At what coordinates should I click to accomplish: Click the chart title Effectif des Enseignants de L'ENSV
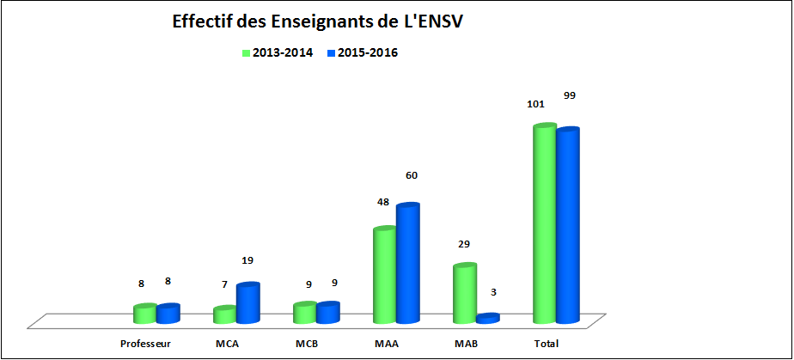[317, 21]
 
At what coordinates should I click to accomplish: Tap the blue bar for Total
[567, 227]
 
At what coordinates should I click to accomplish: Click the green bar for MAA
[384, 276]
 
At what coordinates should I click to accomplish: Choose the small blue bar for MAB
[487, 318]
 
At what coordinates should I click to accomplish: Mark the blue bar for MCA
[247, 303]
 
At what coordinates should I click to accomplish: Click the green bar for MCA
[224, 314]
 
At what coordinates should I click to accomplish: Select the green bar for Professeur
[145, 314]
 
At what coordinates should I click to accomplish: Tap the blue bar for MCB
[327, 313]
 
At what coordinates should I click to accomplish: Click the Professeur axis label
[146, 344]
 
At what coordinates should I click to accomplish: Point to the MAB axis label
[467, 344]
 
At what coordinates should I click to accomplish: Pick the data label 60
[412, 175]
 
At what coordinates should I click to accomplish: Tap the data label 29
[463, 244]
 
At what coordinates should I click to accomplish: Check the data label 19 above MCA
[247, 259]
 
